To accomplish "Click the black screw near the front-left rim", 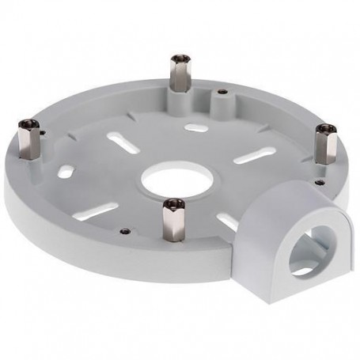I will pyautogui.click(x=126, y=232).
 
